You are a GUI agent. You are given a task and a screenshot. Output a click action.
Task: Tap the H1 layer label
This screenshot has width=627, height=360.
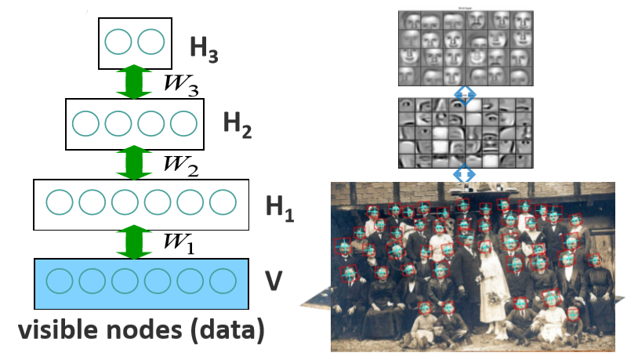pos(279,208)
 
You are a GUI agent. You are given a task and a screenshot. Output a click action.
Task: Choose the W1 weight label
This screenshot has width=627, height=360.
pos(179,243)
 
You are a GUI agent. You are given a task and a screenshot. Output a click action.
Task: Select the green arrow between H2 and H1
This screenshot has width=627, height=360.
pos(133,163)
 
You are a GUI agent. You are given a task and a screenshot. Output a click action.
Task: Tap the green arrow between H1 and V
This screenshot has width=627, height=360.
pos(133,242)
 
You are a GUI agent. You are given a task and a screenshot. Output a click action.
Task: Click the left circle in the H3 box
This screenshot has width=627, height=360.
pos(118,42)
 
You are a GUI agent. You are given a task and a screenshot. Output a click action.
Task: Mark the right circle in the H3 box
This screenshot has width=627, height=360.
pos(150,42)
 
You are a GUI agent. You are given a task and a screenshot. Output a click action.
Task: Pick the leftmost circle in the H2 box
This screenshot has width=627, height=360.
pos(85,124)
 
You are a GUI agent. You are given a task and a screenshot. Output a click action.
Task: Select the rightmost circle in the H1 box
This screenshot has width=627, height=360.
pos(223,203)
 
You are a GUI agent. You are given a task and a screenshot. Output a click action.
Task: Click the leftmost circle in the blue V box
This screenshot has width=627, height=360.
pos(59,280)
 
